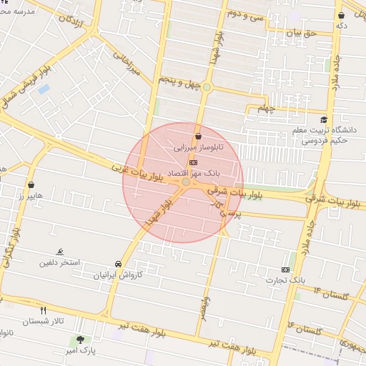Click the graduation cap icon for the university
(324, 120)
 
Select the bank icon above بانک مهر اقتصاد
(192, 163)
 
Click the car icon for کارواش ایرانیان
(118, 264)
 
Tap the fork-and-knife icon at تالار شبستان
(44, 310)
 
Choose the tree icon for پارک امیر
(79, 340)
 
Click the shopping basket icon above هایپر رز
(31, 184)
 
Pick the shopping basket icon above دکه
(342, 15)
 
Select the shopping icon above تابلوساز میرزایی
(198, 135)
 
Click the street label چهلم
(266, 109)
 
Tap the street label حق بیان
(300, 32)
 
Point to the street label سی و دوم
(245, 14)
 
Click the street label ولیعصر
(204, 307)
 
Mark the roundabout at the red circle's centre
(186, 183)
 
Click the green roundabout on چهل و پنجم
(206, 87)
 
